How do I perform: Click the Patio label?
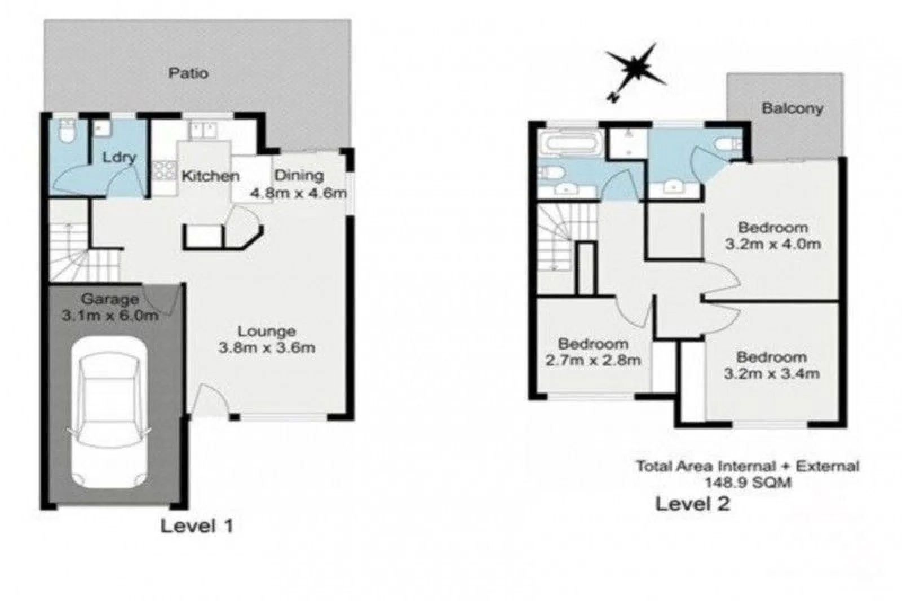188,73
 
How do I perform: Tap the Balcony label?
793,108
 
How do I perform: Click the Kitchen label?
210,176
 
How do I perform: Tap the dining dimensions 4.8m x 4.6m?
298,193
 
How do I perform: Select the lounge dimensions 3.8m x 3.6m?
266,347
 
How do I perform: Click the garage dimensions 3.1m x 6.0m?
110,315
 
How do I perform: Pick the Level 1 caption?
197,526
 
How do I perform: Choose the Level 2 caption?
693,504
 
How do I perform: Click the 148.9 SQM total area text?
748,482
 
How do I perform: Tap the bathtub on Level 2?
571,143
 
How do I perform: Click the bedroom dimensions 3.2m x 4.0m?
773,244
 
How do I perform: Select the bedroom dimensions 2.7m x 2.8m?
593,360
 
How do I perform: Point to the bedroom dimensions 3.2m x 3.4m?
772,373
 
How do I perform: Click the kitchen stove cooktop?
164,170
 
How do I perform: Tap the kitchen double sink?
204,130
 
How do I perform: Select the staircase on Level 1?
85,252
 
